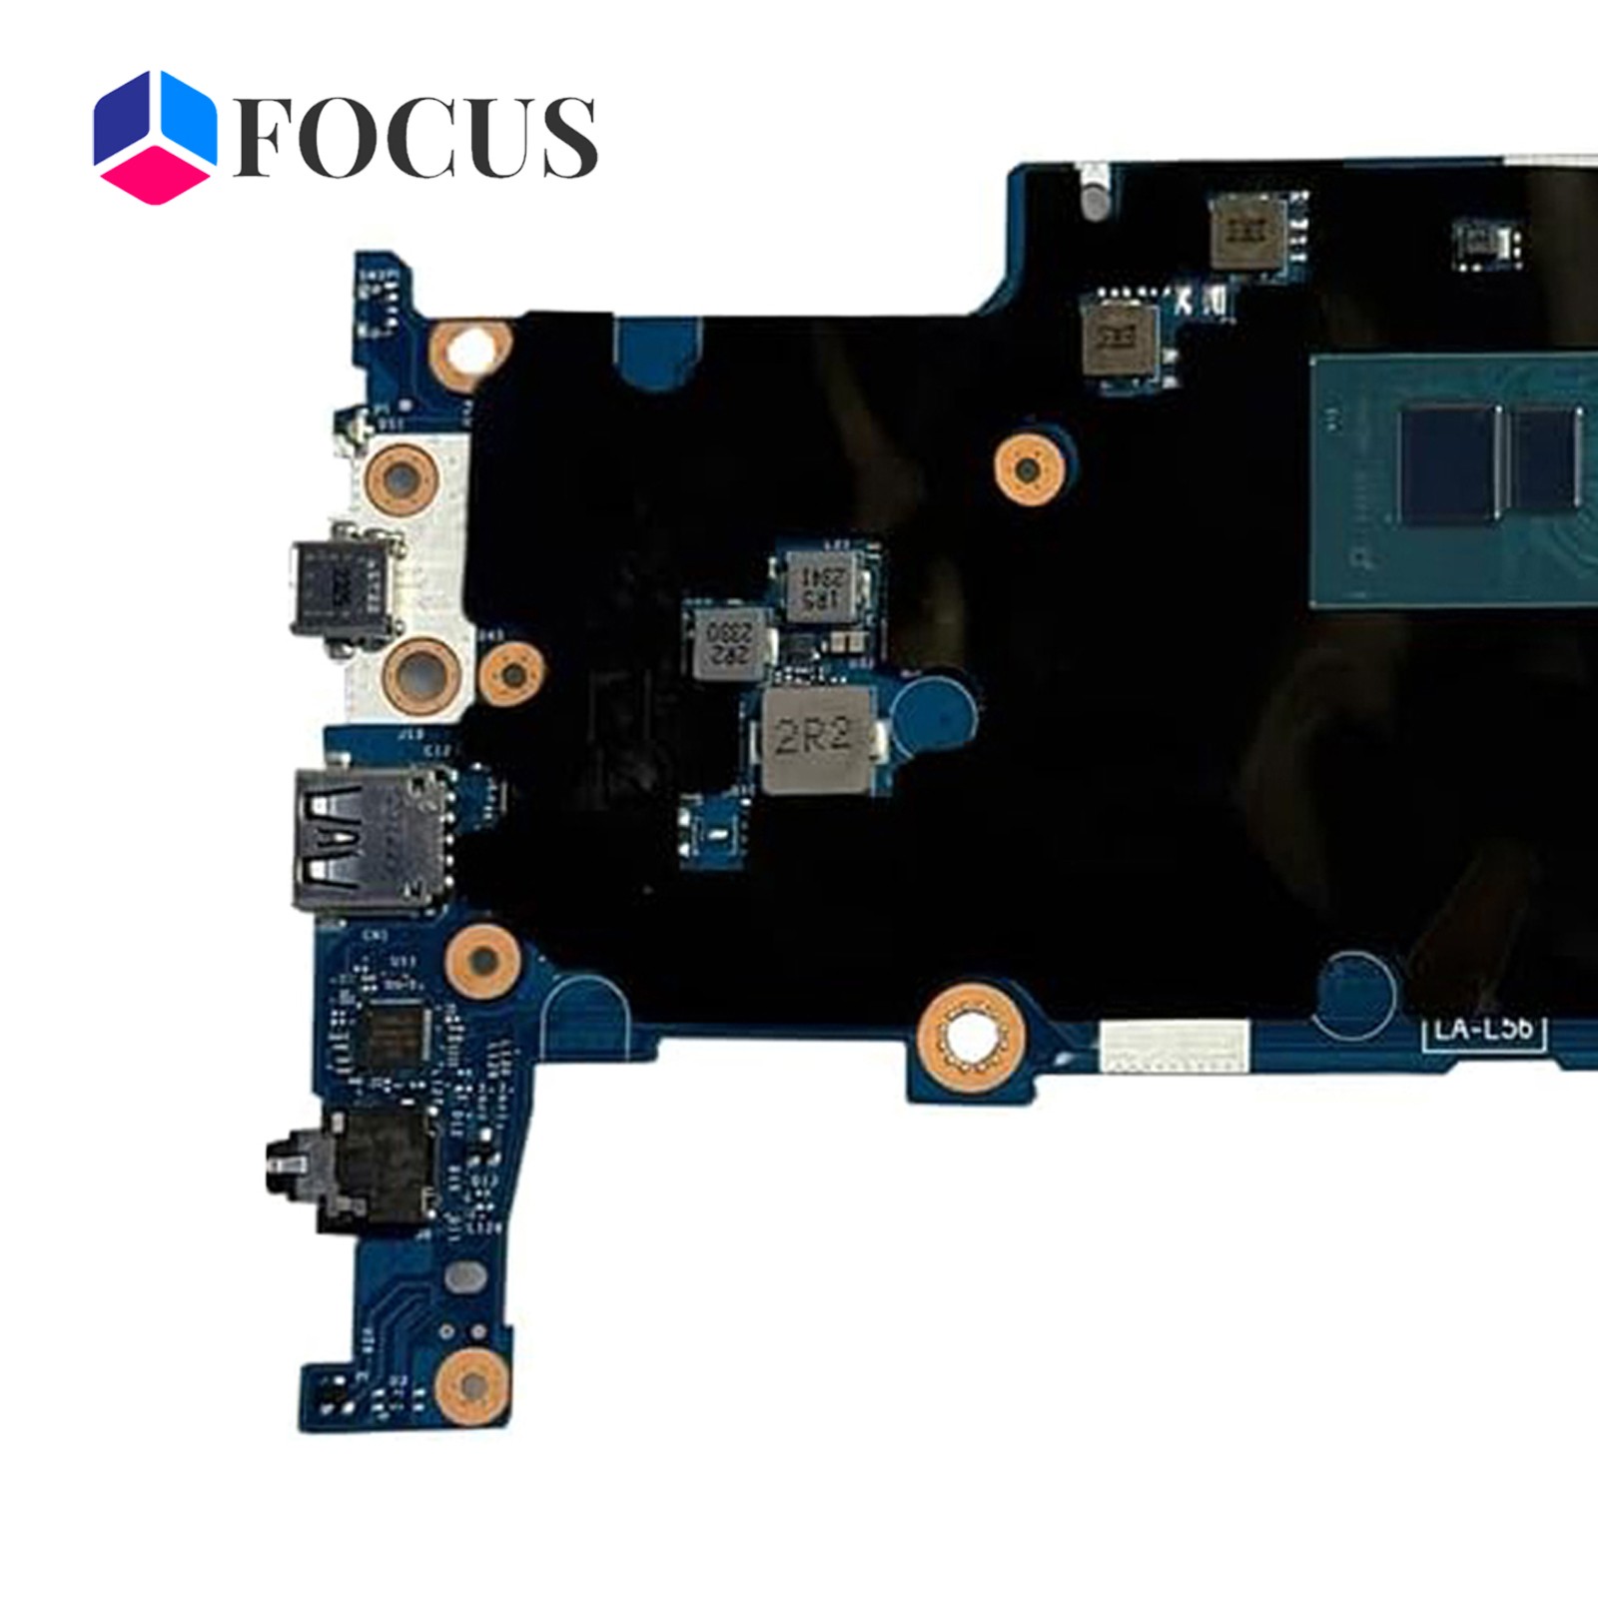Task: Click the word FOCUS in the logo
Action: (414, 137)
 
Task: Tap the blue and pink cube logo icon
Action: (154, 137)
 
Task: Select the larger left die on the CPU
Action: (1449, 462)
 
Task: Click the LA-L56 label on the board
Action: (1483, 1029)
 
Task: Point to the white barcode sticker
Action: (1173, 1046)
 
